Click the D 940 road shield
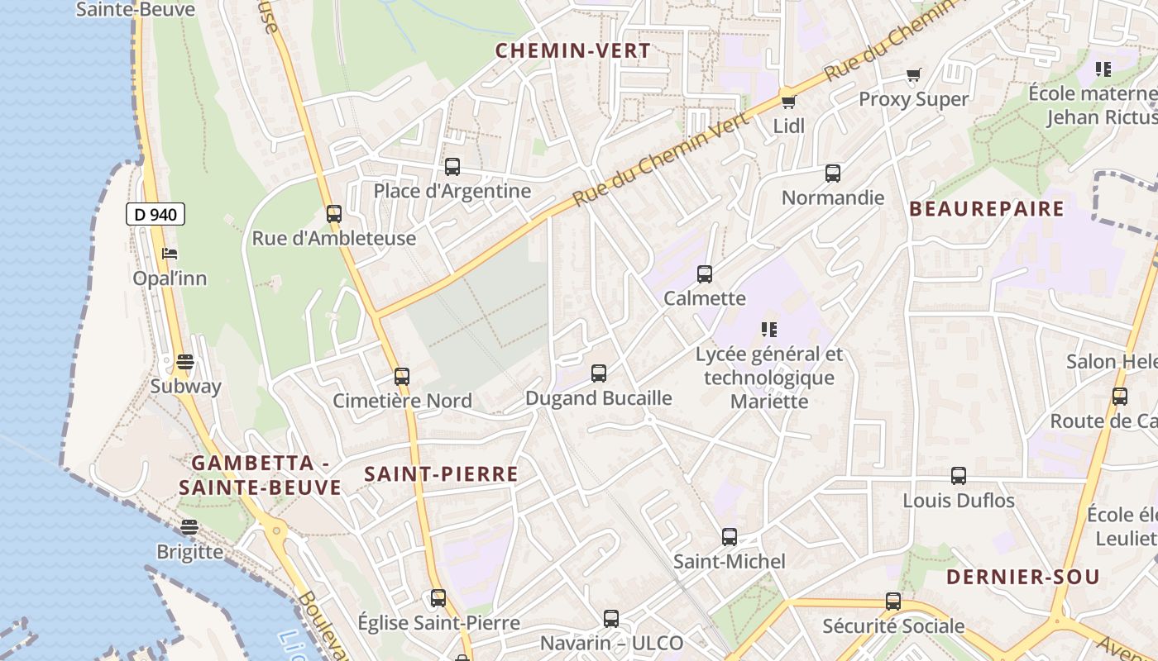[156, 215]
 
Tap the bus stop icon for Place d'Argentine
[452, 167]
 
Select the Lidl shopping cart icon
[788, 102]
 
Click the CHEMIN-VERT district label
[573, 50]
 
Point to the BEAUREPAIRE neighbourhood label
[987, 209]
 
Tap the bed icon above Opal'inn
[170, 254]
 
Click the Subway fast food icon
[185, 362]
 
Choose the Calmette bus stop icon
[704, 274]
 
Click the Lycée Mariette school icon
[769, 330]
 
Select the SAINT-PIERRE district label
[441, 474]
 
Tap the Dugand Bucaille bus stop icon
[599, 373]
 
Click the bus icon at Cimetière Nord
[402, 377]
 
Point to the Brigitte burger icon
[189, 527]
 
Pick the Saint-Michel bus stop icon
[729, 537]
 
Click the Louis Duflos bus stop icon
[959, 476]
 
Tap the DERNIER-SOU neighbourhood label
[1022, 577]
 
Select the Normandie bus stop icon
[833, 174]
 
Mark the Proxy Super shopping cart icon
[913, 76]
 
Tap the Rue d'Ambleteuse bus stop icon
[333, 214]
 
